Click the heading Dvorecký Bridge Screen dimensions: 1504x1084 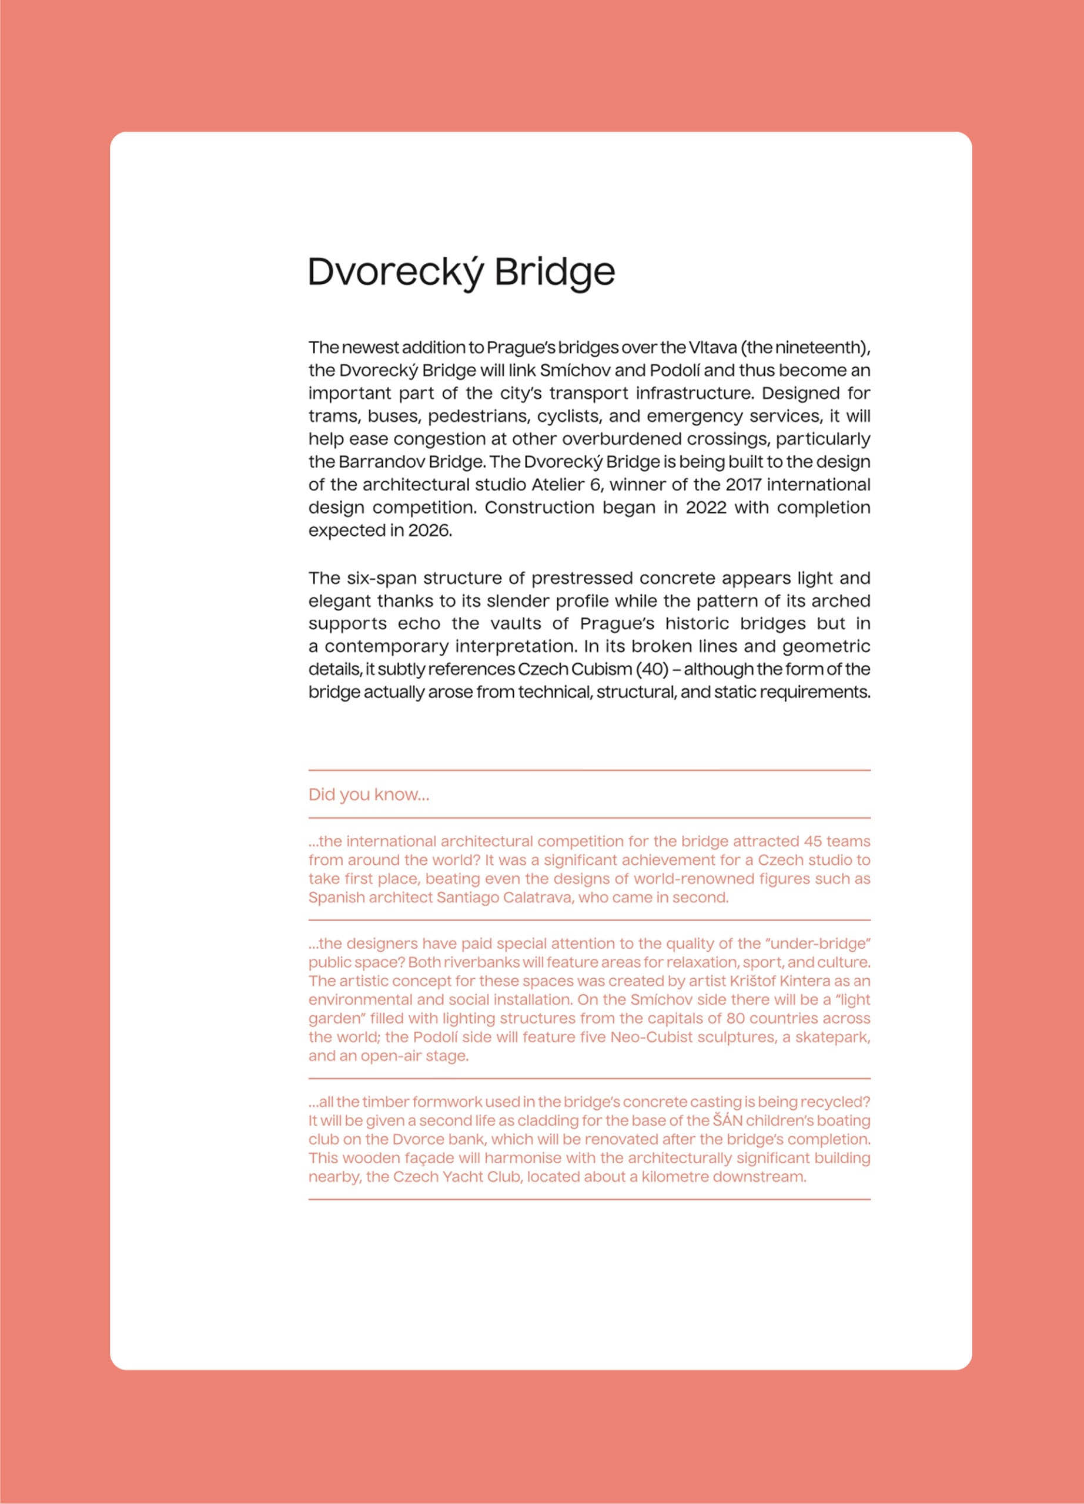(461, 272)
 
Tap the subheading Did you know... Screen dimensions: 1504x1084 (369, 794)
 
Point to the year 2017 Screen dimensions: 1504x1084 (743, 485)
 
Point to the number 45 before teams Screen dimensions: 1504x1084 (812, 841)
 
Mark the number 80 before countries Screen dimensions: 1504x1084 (735, 1019)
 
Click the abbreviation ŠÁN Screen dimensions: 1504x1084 (727, 1121)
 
